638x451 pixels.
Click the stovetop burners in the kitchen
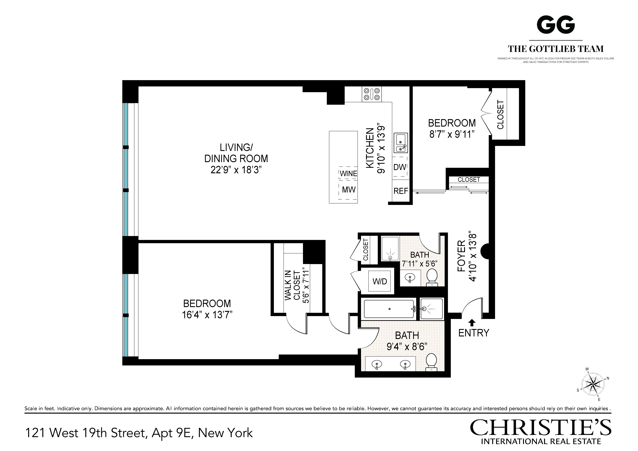coord(372,94)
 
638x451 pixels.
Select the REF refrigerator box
coord(401,191)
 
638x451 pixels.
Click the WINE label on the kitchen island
coord(348,173)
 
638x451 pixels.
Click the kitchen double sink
coord(400,143)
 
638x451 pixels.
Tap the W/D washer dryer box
coord(380,281)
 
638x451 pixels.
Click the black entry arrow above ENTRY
coord(472,322)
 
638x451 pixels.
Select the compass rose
coord(593,385)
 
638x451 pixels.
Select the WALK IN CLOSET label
coord(292,285)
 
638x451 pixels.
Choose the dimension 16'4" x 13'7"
coord(207,315)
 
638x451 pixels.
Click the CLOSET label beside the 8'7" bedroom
coord(500,115)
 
